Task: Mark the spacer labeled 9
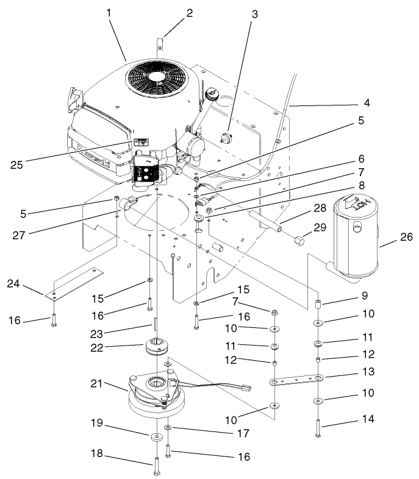point(318,303)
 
